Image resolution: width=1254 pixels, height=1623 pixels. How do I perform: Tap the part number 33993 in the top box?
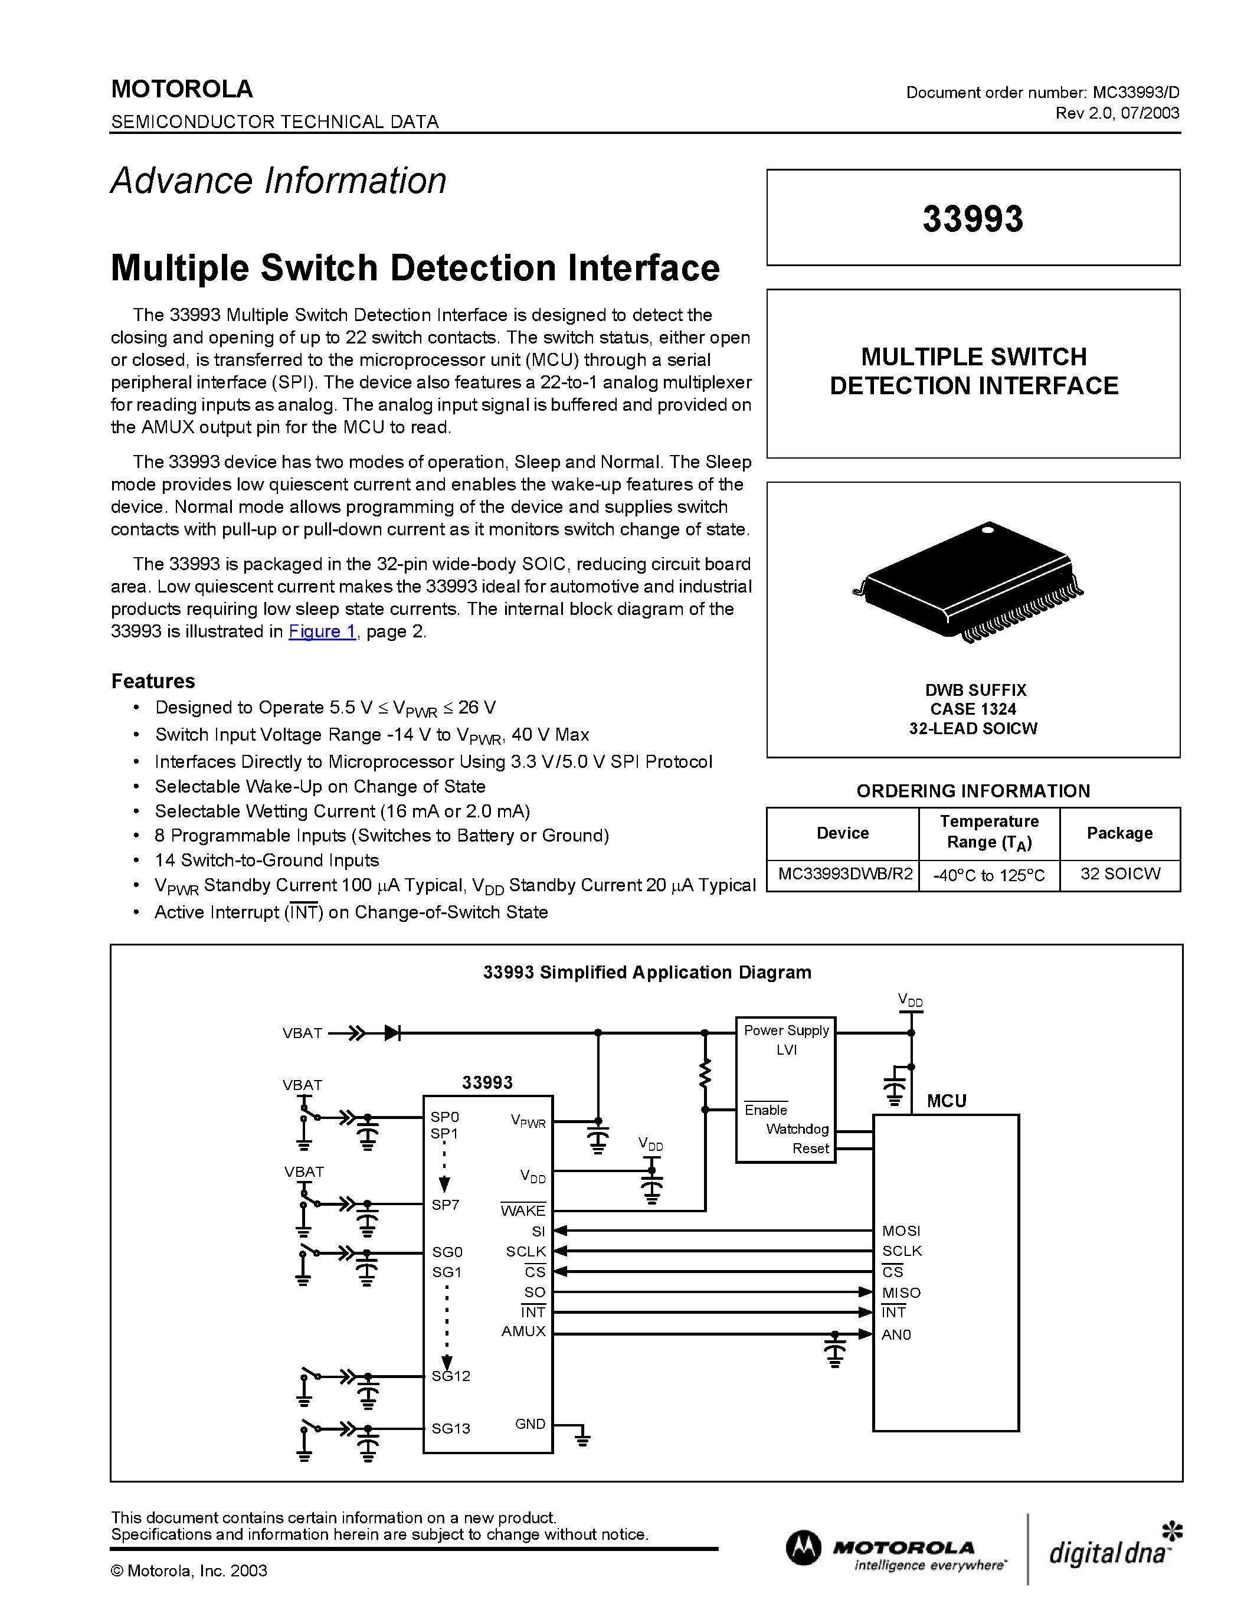click(973, 218)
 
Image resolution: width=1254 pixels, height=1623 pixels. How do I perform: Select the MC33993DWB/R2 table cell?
click(844, 874)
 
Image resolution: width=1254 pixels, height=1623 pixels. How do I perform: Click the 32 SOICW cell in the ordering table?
click(1119, 874)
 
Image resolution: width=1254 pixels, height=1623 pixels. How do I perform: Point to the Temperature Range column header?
click(989, 832)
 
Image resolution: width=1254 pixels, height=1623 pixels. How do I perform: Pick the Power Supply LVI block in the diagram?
click(786, 1040)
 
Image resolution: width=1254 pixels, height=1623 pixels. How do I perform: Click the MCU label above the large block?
click(947, 1101)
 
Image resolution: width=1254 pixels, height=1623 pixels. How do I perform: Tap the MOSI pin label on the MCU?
click(901, 1231)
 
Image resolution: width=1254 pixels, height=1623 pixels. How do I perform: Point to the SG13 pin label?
click(451, 1428)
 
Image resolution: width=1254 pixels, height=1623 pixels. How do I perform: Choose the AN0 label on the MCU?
click(896, 1334)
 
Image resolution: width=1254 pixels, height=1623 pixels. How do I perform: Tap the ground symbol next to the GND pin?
click(582, 1439)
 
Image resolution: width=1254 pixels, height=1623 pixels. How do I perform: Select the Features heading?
click(153, 680)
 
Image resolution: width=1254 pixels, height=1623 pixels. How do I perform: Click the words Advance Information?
click(279, 181)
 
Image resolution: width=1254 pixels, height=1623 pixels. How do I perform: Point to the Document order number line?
click(1042, 92)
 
